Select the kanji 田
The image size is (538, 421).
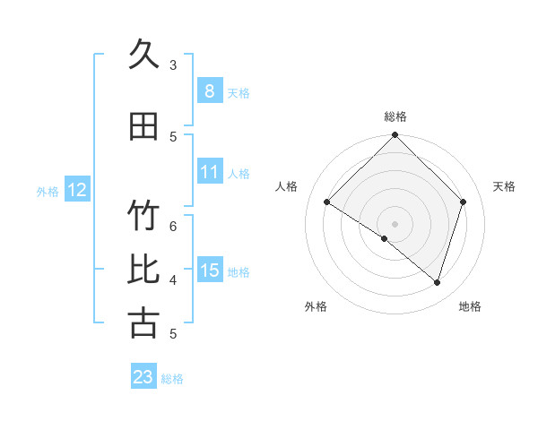click(x=143, y=126)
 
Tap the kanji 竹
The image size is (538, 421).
click(x=143, y=217)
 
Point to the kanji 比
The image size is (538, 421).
click(x=143, y=270)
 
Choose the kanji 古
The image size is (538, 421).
click(x=143, y=323)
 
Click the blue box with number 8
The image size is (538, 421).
click(x=209, y=90)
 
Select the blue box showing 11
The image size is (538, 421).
click(x=209, y=172)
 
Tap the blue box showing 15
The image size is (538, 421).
click(x=209, y=271)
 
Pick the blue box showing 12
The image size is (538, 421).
click(x=77, y=190)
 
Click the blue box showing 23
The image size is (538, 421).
click(x=143, y=377)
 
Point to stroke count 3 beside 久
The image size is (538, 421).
click(x=173, y=64)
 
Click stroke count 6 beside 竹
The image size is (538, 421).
click(x=173, y=226)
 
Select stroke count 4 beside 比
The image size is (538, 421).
click(x=173, y=279)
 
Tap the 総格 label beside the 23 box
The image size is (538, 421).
click(x=172, y=379)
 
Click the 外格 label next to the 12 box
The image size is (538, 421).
click(x=48, y=191)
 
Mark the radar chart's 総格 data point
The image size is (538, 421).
click(x=395, y=136)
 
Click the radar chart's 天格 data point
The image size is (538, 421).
click(x=463, y=202)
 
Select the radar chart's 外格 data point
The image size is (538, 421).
click(x=385, y=238)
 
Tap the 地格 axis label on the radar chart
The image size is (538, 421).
click(x=470, y=306)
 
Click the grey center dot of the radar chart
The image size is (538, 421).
click(x=395, y=223)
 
